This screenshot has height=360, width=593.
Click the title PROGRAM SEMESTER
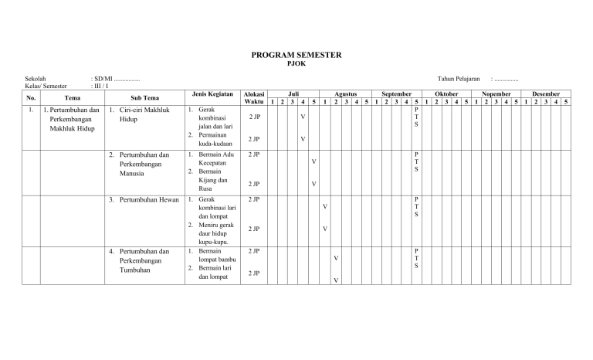(x=296, y=56)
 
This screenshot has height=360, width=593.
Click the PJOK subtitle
(x=296, y=64)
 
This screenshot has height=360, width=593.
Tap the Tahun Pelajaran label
(x=459, y=79)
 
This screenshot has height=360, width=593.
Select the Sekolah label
(x=36, y=79)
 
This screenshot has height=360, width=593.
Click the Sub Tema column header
(x=144, y=98)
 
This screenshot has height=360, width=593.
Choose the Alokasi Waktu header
(x=253, y=97)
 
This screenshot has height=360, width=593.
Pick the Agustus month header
(x=345, y=93)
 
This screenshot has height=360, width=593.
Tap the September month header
(x=395, y=93)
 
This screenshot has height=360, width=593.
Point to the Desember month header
(x=546, y=93)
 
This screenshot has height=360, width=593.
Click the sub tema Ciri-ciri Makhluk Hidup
(x=144, y=115)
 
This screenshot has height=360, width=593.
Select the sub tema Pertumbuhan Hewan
(x=148, y=200)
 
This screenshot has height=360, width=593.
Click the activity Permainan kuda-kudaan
(x=214, y=139)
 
